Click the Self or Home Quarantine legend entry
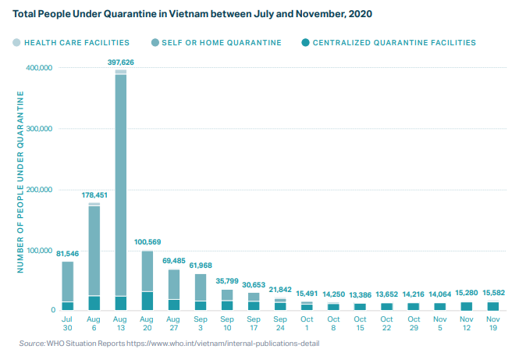click(217, 43)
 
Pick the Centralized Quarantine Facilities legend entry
click(387, 43)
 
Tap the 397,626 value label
click(120, 62)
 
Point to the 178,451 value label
click(94, 195)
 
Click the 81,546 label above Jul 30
click(68, 253)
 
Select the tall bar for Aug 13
click(120, 187)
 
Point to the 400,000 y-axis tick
click(39, 68)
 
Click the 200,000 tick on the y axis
click(39, 190)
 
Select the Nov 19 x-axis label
click(492, 323)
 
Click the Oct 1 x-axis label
click(307, 323)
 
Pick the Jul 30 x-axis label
click(68, 323)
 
